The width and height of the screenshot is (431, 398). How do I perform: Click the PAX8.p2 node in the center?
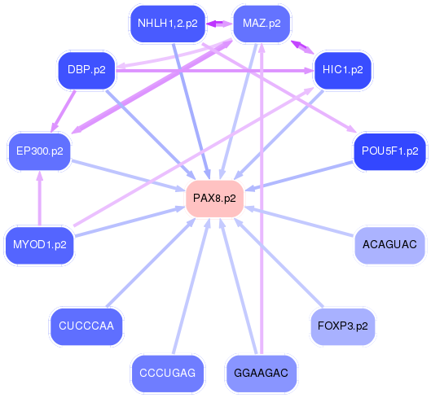click(215, 199)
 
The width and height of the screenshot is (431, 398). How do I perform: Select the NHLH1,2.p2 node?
click(168, 24)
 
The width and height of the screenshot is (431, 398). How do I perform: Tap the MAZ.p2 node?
click(262, 24)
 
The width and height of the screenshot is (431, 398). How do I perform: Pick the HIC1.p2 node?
click(342, 70)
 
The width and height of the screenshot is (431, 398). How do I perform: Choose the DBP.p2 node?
click(86, 70)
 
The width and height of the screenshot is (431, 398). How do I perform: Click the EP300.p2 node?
click(39, 151)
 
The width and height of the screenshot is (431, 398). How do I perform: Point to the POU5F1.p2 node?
click(389, 151)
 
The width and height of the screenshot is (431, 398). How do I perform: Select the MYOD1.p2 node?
click(39, 244)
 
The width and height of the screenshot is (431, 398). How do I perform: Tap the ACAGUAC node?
click(389, 244)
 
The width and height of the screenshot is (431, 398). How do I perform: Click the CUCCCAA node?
click(86, 326)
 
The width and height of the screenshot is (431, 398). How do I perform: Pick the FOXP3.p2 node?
click(342, 326)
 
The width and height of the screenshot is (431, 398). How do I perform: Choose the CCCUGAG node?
click(168, 374)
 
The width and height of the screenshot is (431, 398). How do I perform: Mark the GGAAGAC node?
click(262, 374)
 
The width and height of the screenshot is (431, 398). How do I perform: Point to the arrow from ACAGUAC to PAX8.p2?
click(301, 221)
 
